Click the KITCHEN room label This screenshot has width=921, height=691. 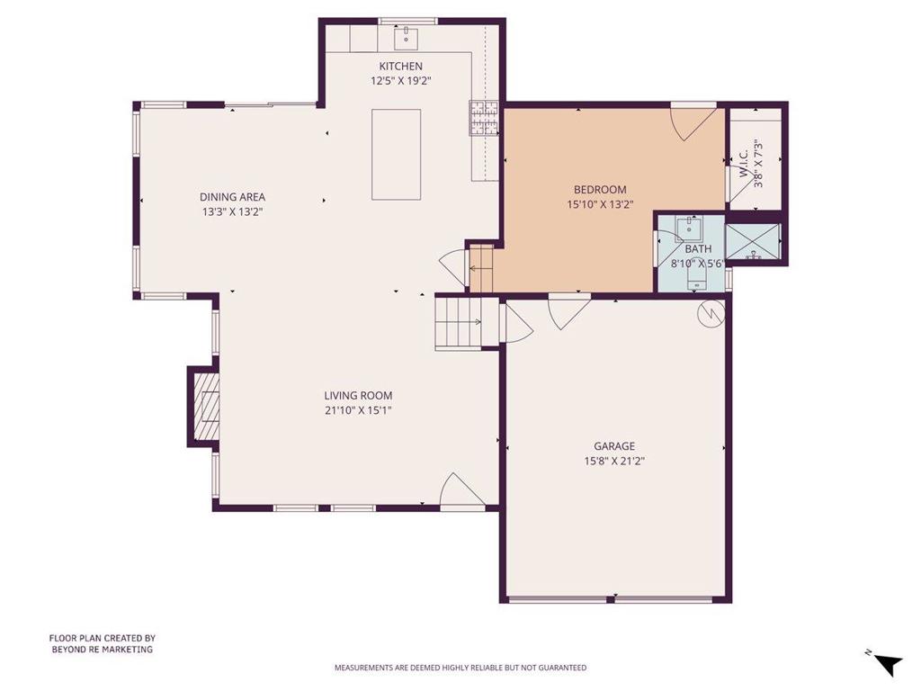click(400, 66)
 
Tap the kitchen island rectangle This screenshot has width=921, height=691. click(397, 155)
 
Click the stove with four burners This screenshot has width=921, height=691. click(484, 118)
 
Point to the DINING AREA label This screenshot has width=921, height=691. click(232, 197)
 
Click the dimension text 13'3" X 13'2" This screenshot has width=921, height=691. click(232, 212)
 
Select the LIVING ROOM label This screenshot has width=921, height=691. click(358, 395)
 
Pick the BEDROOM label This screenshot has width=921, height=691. click(600, 189)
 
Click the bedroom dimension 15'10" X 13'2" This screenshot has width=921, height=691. click(600, 204)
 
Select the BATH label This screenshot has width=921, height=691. click(698, 249)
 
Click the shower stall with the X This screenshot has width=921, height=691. click(752, 240)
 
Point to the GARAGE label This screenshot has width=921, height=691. click(614, 445)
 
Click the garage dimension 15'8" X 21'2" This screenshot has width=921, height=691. click(614, 461)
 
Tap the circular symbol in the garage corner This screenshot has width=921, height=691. click(710, 312)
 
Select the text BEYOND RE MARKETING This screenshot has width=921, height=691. click(102, 649)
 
